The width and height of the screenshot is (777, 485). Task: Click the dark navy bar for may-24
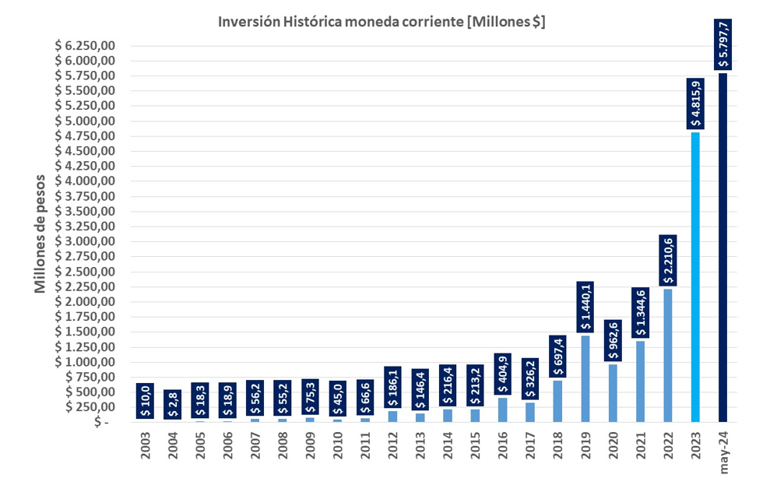tap(723, 249)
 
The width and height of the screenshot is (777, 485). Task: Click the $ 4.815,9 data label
tap(695, 104)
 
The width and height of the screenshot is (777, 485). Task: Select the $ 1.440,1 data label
tap(585, 308)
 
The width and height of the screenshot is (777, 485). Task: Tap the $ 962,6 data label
tap(613, 340)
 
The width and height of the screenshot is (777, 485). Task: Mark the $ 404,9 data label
tap(502, 374)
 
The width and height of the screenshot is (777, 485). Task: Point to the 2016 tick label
tap(502, 447)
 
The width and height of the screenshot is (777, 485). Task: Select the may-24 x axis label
tap(723, 452)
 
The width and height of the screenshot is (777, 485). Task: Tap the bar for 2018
tap(557, 401)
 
